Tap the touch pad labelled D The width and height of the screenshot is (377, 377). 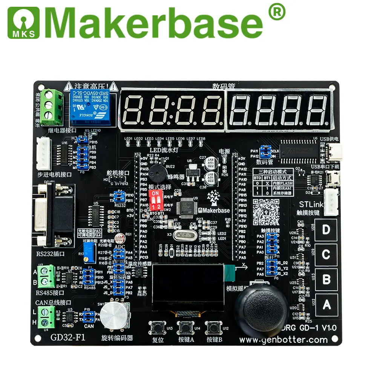[x=326, y=230]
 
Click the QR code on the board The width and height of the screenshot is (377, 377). [x=266, y=212]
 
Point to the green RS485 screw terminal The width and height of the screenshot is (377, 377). [x=46, y=276]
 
